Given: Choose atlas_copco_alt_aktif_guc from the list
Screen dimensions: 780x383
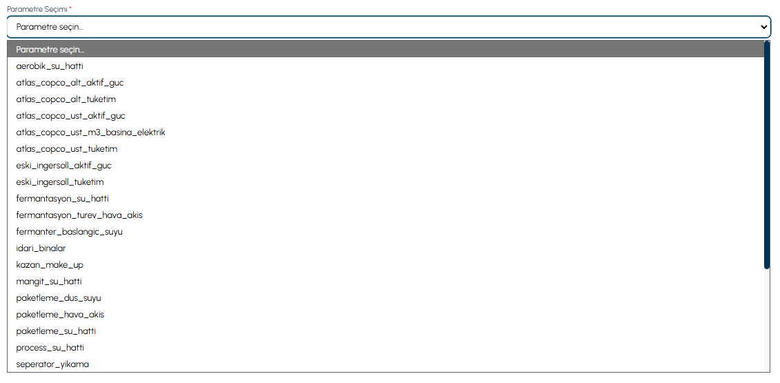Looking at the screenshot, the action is [70, 83].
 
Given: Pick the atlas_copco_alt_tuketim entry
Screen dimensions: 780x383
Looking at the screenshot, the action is [66, 99].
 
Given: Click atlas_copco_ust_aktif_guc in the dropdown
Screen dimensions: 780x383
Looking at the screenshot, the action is [70, 115].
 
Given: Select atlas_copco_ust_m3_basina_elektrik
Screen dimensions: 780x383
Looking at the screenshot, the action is [90, 132].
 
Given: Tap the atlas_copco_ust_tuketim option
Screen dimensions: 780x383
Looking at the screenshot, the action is [67, 148].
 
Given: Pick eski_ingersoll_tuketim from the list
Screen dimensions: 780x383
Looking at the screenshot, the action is [60, 181].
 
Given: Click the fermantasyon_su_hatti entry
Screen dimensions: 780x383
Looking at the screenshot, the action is [62, 198].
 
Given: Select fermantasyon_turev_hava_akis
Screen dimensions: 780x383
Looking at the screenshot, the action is [79, 215].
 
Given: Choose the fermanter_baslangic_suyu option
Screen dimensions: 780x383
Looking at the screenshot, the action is [69, 232].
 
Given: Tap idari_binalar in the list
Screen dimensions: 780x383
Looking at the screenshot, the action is [41, 248].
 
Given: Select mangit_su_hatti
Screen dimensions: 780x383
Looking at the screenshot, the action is [49, 281].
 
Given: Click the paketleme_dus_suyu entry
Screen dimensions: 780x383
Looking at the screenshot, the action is [59, 298].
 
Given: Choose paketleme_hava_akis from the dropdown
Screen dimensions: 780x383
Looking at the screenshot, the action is [60, 314].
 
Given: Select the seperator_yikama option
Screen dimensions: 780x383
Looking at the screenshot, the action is [52, 364].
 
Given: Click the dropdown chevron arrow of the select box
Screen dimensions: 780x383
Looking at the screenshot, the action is [765, 27].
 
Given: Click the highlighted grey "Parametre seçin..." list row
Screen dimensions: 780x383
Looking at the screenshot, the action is [386, 49].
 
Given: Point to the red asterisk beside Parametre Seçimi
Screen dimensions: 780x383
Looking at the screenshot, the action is [70, 8].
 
